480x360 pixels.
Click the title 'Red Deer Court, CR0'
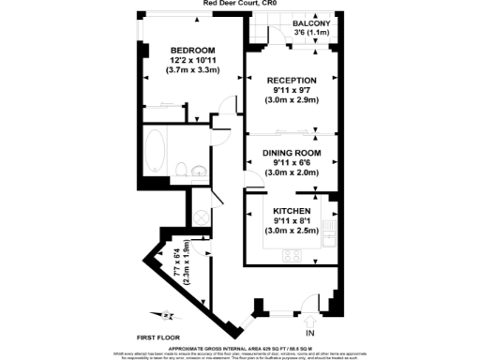239,4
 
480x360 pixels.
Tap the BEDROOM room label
192,50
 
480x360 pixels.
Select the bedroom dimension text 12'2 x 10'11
192,60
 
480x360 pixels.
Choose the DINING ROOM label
292,153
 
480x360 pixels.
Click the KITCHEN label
292,211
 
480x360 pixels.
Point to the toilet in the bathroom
181,170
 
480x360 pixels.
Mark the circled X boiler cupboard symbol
200,215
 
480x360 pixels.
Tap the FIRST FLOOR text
158,335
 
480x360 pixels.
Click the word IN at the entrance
310,334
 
